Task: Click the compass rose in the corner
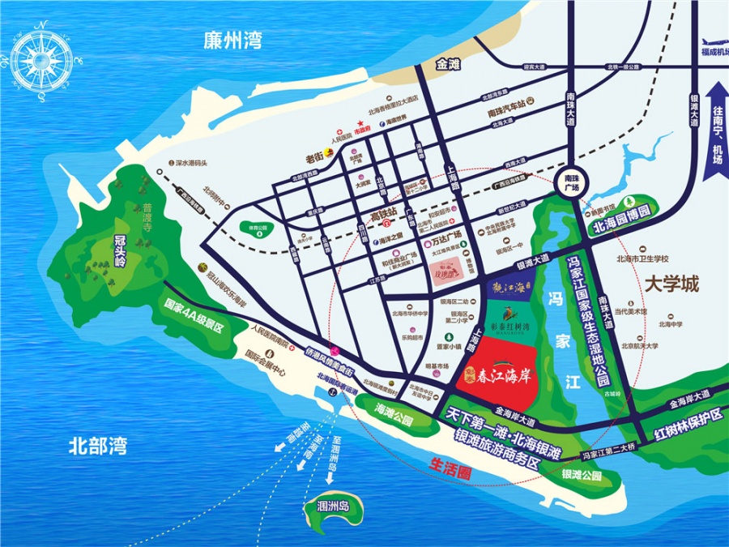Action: [x=41, y=58]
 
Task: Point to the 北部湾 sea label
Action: [x=97, y=445]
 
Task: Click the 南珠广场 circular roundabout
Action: [x=573, y=182]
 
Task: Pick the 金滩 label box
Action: [x=448, y=63]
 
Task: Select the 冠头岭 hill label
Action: [x=120, y=250]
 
